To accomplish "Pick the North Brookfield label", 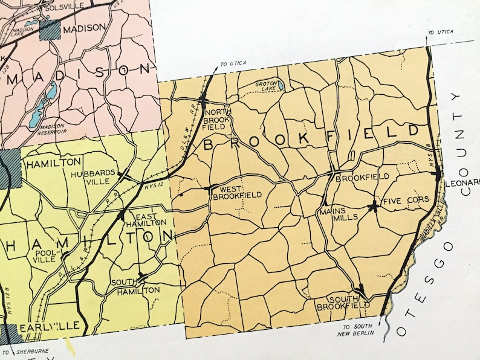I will tap(219, 120).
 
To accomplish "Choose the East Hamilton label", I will tap(150, 219).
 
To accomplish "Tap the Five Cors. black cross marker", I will tap(374, 205).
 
